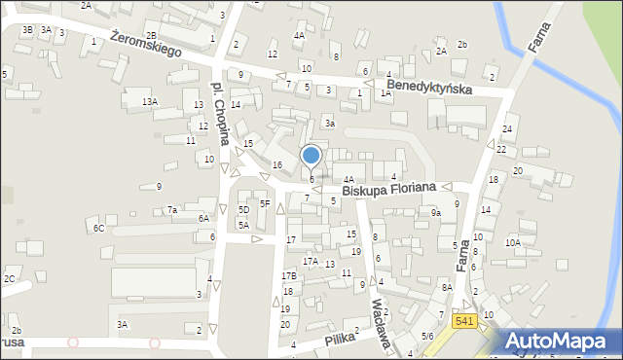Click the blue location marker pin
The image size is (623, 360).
click(x=311, y=156)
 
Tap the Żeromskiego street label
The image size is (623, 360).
click(x=147, y=45)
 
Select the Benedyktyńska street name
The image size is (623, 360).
click(x=428, y=88)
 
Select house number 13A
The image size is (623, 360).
click(x=149, y=101)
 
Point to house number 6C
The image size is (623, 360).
click(x=98, y=228)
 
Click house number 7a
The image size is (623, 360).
click(x=172, y=210)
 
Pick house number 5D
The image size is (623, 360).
click(x=244, y=209)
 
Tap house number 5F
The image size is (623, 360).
click(x=264, y=203)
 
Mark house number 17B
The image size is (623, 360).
click(x=289, y=276)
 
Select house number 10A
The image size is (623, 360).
click(x=512, y=242)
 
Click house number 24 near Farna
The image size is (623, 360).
click(x=507, y=129)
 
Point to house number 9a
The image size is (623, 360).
click(x=437, y=212)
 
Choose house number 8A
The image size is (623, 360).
click(x=447, y=287)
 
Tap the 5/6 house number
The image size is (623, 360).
click(x=426, y=336)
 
